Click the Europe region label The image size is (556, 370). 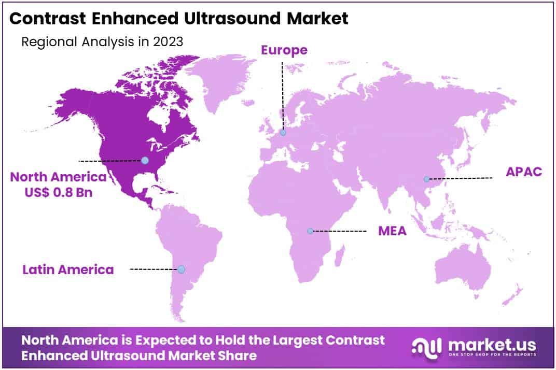(x=284, y=50)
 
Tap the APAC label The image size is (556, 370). (x=524, y=172)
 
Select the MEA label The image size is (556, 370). (x=392, y=231)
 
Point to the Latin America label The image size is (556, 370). (x=68, y=269)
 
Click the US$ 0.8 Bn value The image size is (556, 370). (x=58, y=191)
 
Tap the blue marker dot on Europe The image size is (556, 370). (x=283, y=133)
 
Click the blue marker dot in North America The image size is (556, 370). (x=145, y=161)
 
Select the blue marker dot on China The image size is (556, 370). (x=426, y=179)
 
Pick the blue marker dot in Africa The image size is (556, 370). (x=310, y=231)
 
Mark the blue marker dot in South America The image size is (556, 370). (x=181, y=269)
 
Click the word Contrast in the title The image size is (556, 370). (x=43, y=19)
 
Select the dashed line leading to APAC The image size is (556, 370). (x=460, y=178)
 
